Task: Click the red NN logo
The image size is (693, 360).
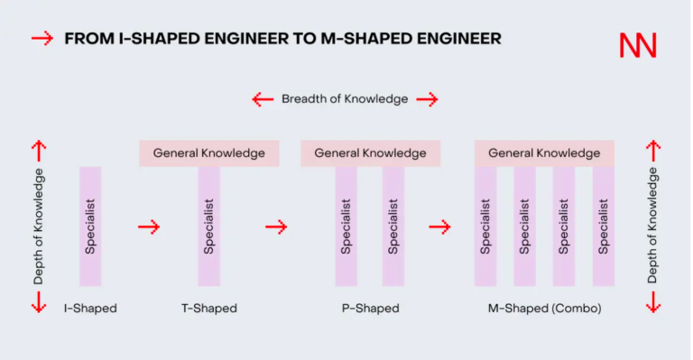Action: [x=638, y=45]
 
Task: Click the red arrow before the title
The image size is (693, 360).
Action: [x=42, y=39]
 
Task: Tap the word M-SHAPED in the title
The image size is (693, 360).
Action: [x=366, y=39]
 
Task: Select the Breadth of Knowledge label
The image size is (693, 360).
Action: [x=345, y=99]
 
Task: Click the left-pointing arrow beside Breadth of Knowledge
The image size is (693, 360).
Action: [x=263, y=99]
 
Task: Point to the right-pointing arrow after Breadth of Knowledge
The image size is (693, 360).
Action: [x=427, y=99]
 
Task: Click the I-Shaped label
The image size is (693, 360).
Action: [x=90, y=308]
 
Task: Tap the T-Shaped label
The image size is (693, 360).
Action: [x=209, y=308]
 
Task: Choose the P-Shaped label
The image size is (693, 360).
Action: [x=370, y=308]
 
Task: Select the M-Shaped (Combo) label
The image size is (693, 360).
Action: [x=544, y=308]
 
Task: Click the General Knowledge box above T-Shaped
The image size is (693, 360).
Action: [x=209, y=153]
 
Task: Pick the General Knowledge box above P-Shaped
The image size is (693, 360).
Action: [x=370, y=153]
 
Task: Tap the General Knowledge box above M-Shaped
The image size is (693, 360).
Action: [x=544, y=153]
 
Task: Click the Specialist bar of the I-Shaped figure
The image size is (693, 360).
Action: [x=90, y=226]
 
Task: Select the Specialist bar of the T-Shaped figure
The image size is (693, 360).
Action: [x=209, y=226]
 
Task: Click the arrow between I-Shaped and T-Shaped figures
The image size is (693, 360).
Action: [x=149, y=227]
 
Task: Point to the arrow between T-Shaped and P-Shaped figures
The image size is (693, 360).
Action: [x=276, y=227]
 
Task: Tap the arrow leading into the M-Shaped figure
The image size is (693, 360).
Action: [x=439, y=227]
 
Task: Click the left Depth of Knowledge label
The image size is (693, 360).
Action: [x=39, y=226]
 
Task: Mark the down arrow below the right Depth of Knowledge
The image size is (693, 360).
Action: [x=653, y=302]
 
